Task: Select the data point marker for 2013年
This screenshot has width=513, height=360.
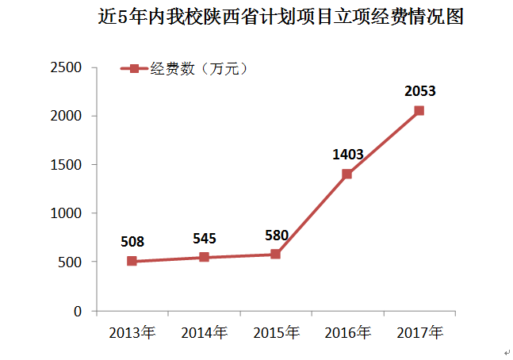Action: point(132,261)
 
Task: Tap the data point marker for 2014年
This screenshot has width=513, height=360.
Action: point(204,257)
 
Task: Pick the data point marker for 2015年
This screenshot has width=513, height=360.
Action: point(275,254)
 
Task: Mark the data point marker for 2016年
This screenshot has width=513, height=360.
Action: point(347,174)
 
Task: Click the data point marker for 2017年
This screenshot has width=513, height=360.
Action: point(419,110)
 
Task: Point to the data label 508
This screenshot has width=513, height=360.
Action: point(132,240)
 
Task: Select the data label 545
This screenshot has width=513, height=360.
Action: point(204,237)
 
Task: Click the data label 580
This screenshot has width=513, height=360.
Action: point(276,234)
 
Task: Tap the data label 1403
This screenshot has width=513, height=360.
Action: point(347,154)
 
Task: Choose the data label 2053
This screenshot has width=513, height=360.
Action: point(419,91)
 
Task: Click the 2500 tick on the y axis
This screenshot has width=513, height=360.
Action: point(67,67)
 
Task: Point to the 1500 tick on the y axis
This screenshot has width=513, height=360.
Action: point(67,165)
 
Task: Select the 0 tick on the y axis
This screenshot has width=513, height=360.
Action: point(78,311)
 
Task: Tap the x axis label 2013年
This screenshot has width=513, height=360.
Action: point(132,331)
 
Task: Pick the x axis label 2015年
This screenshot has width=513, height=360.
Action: point(275,331)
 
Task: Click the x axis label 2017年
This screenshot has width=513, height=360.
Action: point(419,331)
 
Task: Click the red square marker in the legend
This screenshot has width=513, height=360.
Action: point(134,69)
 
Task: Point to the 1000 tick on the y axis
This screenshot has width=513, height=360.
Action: point(67,213)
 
